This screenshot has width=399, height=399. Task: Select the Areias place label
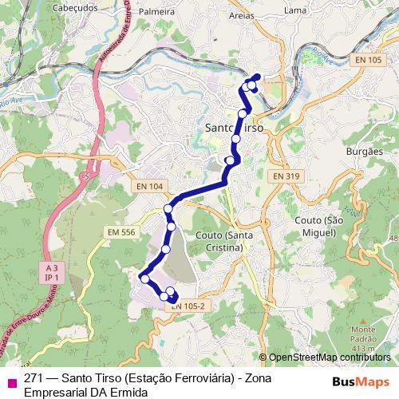(x=242, y=14)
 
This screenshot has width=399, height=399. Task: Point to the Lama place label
(x=295, y=10)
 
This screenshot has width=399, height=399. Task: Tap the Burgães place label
(x=366, y=150)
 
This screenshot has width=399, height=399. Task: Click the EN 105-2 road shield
(x=189, y=305)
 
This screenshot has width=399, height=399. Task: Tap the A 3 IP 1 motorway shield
(x=53, y=274)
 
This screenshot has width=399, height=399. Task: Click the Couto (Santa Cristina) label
(x=219, y=242)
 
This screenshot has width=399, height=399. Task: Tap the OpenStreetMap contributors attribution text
(x=329, y=358)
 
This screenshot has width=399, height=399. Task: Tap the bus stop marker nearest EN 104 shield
(x=168, y=209)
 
